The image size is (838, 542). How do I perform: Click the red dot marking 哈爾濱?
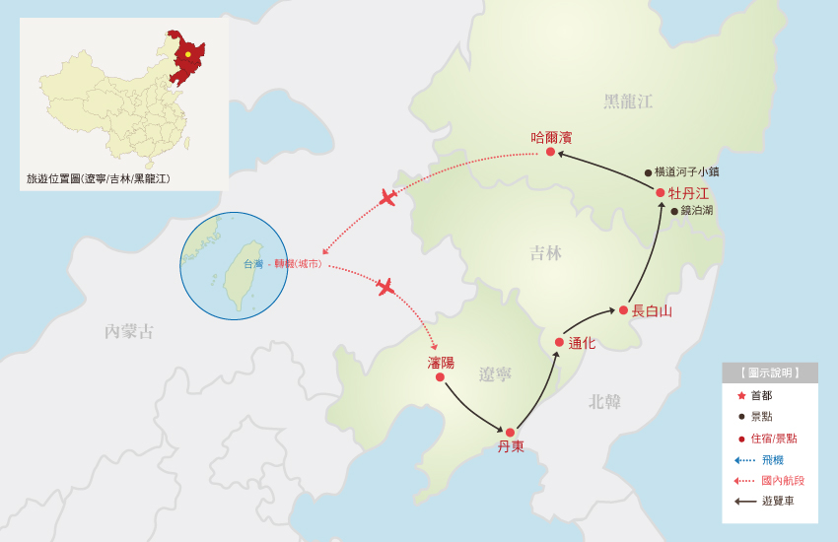pyautogui.click(x=550, y=152)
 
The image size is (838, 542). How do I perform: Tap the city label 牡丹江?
pyautogui.click(x=688, y=193)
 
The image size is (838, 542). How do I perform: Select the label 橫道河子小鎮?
pyautogui.click(x=687, y=171)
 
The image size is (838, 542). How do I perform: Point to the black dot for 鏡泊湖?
pyautogui.click(x=674, y=211)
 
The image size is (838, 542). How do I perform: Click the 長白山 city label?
pyautogui.click(x=652, y=310)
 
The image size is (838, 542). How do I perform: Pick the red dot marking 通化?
pyautogui.click(x=559, y=342)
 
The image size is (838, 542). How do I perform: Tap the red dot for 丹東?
pyautogui.click(x=510, y=433)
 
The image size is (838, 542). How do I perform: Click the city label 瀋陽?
pyautogui.click(x=441, y=363)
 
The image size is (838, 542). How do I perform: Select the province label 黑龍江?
pyautogui.click(x=628, y=102)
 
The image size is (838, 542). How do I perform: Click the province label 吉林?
pyautogui.click(x=545, y=253)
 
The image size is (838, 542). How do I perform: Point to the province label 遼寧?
pyautogui.click(x=495, y=374)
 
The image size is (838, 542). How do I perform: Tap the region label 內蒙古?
pyautogui.click(x=129, y=331)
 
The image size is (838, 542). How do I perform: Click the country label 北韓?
pyautogui.click(x=604, y=401)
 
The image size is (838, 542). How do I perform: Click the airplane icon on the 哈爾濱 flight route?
pyautogui.click(x=388, y=197)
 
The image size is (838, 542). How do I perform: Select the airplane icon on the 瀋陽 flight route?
pyautogui.click(x=384, y=287)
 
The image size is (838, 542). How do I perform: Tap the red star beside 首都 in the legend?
pyautogui.click(x=741, y=395)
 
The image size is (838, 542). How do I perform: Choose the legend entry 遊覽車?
pyautogui.click(x=778, y=501)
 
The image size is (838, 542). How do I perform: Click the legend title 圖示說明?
pyautogui.click(x=770, y=373)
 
